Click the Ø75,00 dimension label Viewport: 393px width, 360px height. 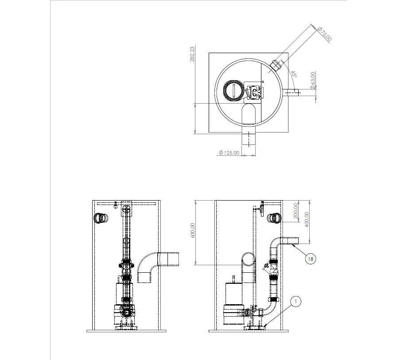[325, 34]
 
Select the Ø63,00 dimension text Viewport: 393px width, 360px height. [312, 80]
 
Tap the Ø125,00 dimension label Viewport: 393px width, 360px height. [229, 152]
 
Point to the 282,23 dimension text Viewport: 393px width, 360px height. [192, 54]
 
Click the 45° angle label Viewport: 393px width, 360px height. [293, 74]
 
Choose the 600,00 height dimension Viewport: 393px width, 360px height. [193, 231]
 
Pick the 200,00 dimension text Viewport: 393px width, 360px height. [296, 210]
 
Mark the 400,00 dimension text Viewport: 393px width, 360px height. [307, 220]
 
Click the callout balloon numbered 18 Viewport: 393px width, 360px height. [310, 259]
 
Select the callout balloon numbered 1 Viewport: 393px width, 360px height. [296, 302]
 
